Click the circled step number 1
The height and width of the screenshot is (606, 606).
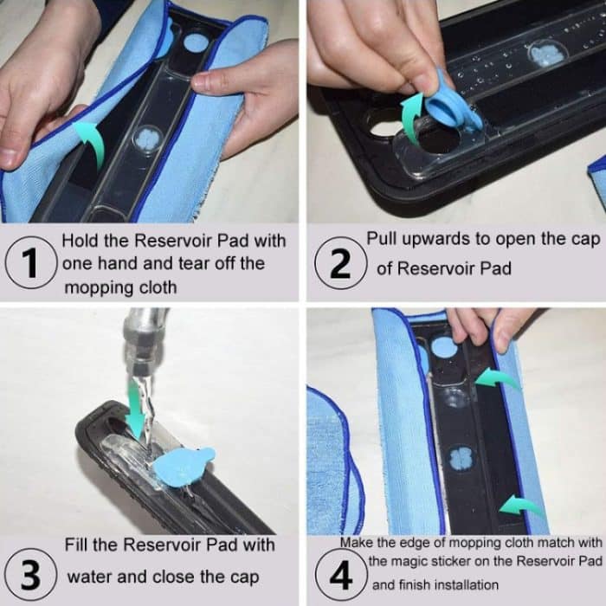pyautogui.click(x=30, y=262)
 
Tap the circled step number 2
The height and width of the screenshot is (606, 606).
pyautogui.click(x=340, y=263)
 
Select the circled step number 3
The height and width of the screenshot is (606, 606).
pyautogui.click(x=30, y=574)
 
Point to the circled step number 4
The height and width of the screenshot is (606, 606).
pyautogui.click(x=340, y=575)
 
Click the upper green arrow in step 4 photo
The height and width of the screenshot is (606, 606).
pyautogui.click(x=497, y=377)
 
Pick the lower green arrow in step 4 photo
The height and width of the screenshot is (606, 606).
pyautogui.click(x=519, y=505)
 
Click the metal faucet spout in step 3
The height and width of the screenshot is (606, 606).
pyautogui.click(x=144, y=340)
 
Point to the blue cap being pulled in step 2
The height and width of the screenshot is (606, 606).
pyautogui.click(x=452, y=102)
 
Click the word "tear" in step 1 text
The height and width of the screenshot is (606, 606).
pyautogui.click(x=193, y=263)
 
